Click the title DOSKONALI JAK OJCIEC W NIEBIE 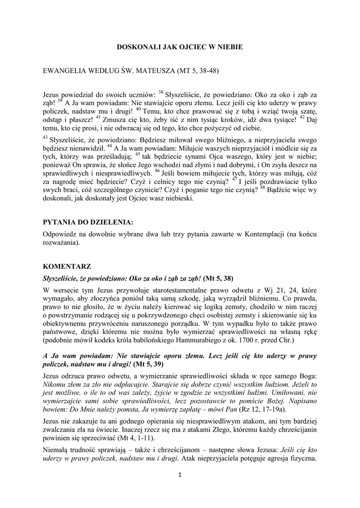point(179,47)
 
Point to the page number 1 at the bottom point(180,475)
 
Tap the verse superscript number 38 point(161,91)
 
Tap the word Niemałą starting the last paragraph point(56,451)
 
